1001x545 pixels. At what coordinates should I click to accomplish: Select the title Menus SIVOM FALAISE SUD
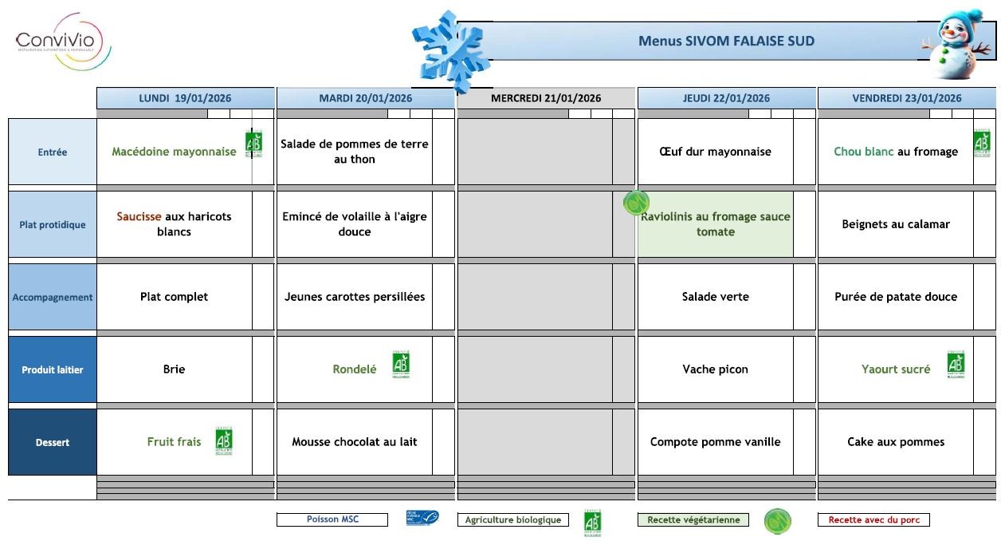726,41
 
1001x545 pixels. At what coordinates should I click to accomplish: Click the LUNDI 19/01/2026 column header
185,98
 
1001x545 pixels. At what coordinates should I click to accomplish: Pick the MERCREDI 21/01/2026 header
546,98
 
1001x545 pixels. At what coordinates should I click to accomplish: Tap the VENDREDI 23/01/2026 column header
906,98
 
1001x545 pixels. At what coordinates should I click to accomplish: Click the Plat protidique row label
53,225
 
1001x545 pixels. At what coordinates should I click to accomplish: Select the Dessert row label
53,442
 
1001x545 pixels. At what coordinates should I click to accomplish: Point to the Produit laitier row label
53,369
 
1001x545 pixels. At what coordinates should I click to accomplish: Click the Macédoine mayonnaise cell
174,152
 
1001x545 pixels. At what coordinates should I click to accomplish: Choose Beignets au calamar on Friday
896,224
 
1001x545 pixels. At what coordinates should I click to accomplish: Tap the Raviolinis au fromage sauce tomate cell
715,224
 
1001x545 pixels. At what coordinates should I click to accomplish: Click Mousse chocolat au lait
355,442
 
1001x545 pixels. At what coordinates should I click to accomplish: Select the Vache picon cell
715,369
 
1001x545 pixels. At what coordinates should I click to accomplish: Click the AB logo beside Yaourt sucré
956,365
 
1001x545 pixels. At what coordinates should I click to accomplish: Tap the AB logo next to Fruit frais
224,440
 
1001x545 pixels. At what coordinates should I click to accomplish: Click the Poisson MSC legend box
332,519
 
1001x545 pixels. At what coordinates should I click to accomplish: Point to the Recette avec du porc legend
873,520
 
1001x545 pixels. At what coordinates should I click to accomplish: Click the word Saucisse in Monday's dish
139,216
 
